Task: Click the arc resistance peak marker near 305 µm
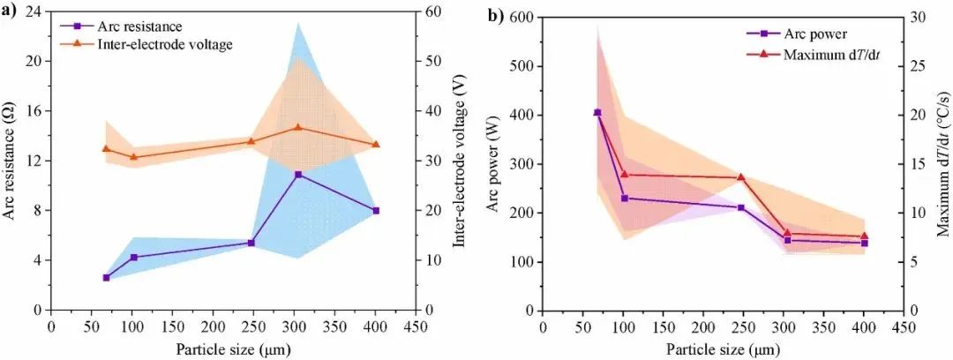298,174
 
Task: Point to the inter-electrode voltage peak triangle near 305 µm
297,127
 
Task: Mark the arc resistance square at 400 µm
376,210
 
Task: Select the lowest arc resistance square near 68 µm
106,277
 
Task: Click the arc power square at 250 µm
741,207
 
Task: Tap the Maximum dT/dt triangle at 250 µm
741,176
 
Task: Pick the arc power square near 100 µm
625,199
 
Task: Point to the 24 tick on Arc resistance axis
34,12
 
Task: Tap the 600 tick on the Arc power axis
526,17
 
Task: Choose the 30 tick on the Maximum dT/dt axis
917,17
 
